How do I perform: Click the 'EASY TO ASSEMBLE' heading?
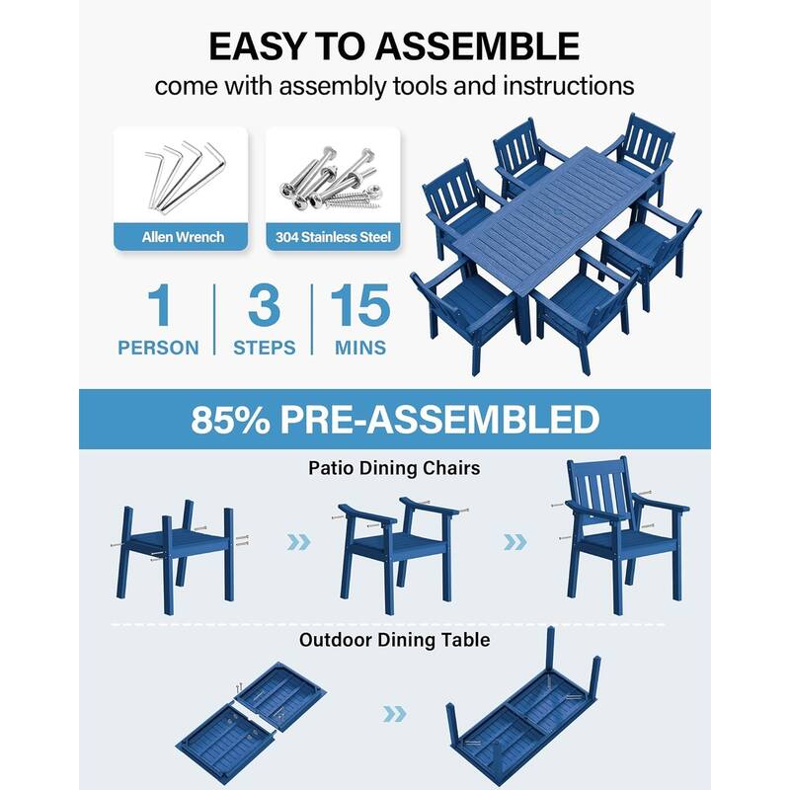394,45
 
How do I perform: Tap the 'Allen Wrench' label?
183,237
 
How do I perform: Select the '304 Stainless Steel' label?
333,237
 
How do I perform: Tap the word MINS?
359,348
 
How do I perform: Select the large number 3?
264,307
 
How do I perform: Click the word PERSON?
158,348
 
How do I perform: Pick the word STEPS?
264,348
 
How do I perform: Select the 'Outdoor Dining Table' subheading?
394,640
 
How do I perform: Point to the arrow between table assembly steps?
394,713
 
